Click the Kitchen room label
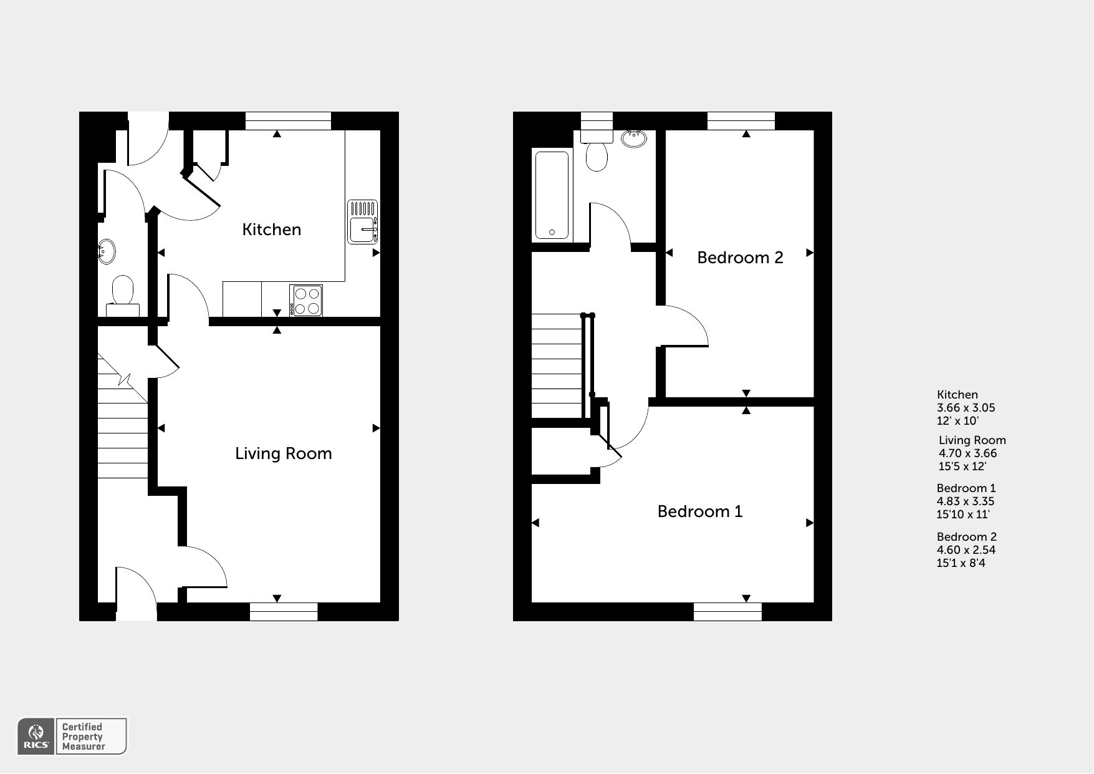(271, 230)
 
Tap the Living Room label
(284, 453)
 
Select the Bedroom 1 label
(700, 511)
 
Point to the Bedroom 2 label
(740, 258)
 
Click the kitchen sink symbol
(363, 221)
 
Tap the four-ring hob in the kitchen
(306, 301)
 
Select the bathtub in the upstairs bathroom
(552, 195)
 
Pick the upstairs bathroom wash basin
(634, 138)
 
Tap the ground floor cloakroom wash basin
(107, 251)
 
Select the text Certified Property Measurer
(84, 737)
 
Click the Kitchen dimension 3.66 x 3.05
(966, 408)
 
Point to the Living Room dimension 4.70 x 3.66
(968, 453)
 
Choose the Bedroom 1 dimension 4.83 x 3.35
(966, 501)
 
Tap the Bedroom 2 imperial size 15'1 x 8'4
(961, 563)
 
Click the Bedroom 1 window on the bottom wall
(728, 612)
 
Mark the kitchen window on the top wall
(288, 121)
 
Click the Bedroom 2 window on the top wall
(741, 121)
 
